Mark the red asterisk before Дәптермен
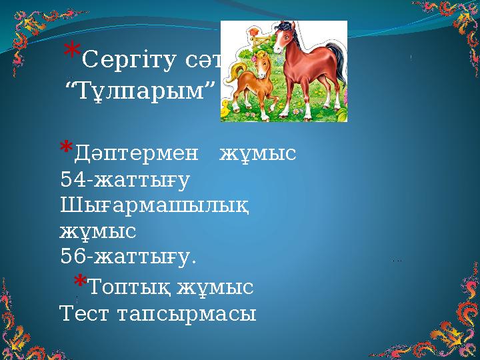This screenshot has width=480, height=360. (x=66, y=148)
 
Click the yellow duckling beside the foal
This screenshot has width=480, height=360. (x=227, y=107)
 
